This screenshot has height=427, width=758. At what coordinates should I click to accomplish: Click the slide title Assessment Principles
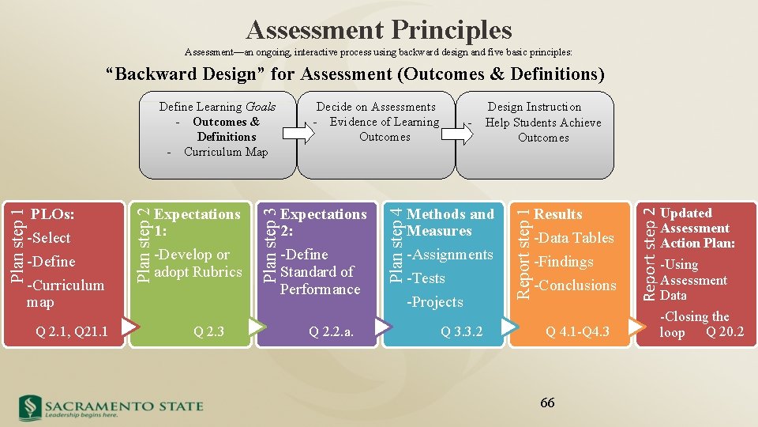[379, 30]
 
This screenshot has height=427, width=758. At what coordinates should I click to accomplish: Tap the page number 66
[547, 402]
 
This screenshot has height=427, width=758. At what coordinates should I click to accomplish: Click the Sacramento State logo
[111, 407]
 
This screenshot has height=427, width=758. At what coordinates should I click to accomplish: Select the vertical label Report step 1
[523, 251]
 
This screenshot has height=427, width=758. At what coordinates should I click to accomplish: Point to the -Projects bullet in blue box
[434, 302]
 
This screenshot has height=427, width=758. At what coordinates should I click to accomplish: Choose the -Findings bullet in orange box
[564, 262]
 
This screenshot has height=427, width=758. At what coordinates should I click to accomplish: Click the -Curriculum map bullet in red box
[65, 293]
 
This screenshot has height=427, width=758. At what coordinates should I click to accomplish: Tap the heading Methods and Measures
[449, 222]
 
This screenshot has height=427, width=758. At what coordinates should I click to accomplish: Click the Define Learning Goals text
[217, 107]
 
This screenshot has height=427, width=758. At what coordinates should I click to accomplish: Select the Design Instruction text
[535, 107]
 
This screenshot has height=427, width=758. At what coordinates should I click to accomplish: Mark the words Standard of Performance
[319, 280]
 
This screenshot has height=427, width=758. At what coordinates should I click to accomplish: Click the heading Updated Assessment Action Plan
[696, 228]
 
